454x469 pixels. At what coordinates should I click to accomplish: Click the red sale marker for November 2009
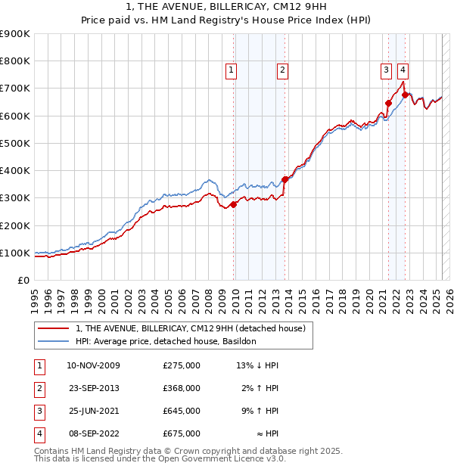[234, 204]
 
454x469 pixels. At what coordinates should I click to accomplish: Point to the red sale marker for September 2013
[285, 179]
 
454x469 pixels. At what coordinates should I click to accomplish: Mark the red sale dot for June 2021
[389, 103]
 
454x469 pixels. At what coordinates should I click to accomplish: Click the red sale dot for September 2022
[406, 95]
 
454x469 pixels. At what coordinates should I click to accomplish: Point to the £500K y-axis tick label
[15, 143]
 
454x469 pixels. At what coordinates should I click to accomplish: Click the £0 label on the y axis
[23, 280]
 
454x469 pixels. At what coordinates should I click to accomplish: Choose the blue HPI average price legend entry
[166, 341]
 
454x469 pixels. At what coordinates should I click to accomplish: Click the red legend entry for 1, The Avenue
[190, 328]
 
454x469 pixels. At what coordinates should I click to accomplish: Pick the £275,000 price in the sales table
[182, 365]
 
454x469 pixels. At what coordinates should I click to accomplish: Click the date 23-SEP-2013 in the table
[94, 388]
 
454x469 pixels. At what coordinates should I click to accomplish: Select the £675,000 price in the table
[182, 433]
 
